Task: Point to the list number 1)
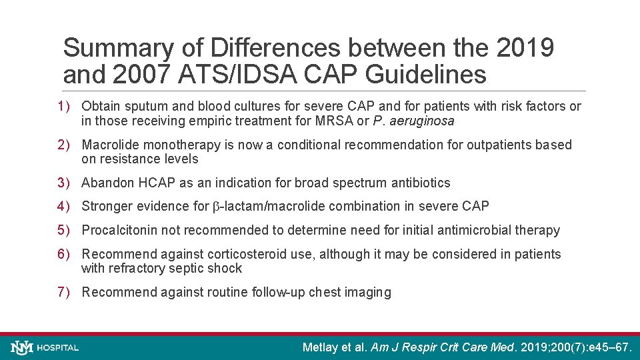(x=64, y=107)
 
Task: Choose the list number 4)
(x=64, y=207)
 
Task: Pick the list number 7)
(x=64, y=292)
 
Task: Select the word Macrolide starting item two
(x=109, y=145)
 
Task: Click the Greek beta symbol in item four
(x=216, y=207)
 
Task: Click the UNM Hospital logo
(x=45, y=347)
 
